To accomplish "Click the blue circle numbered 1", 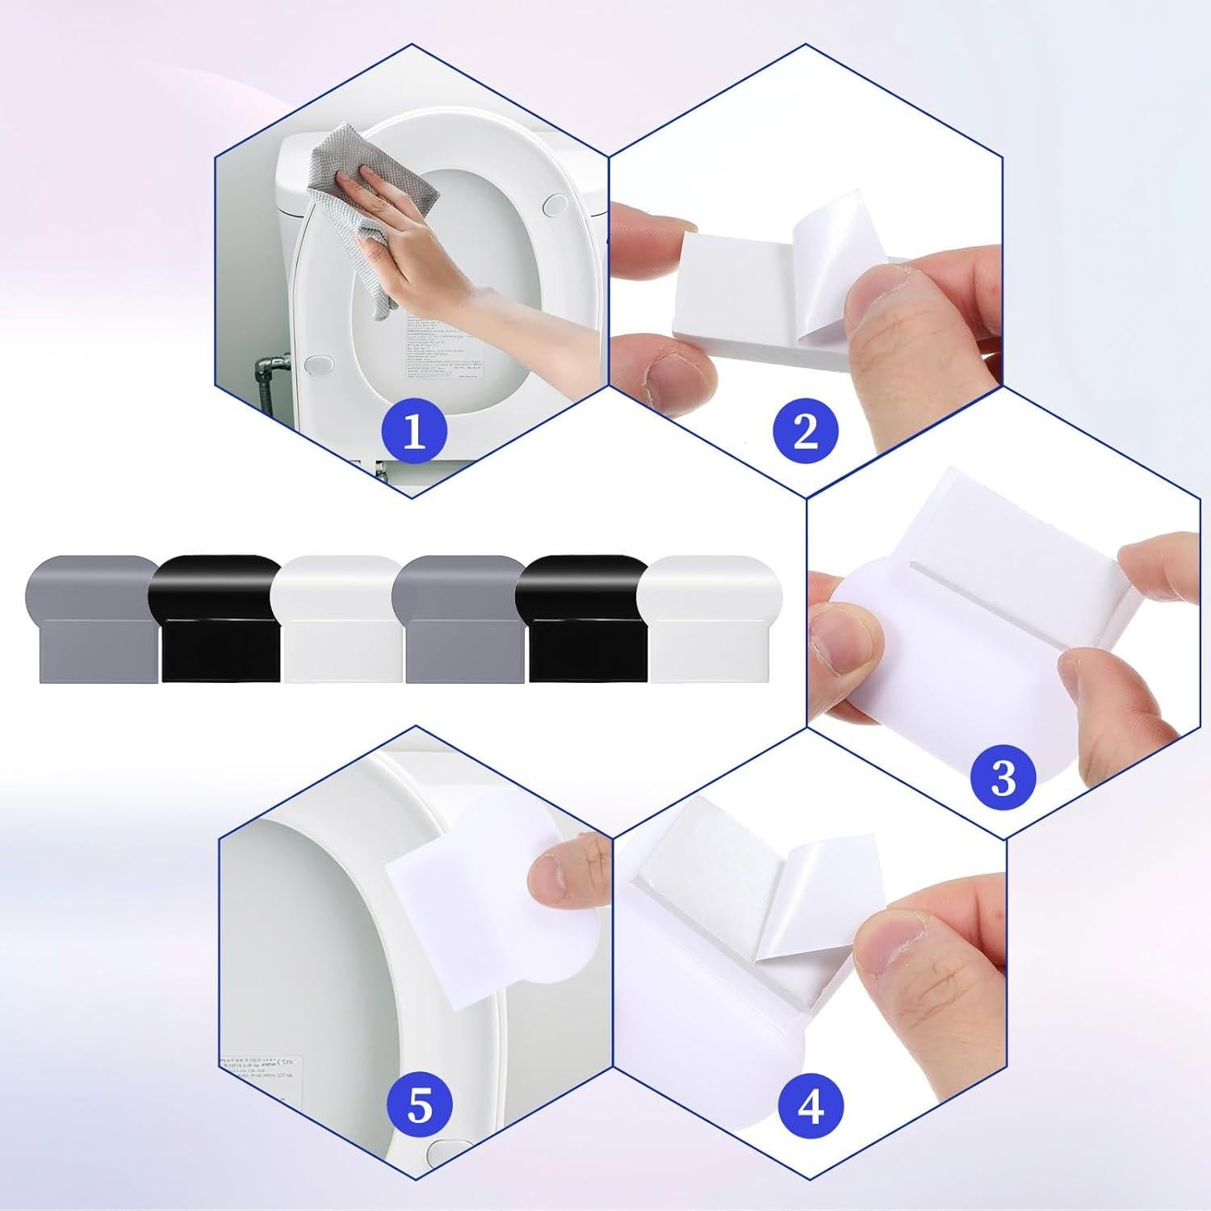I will coord(413,432).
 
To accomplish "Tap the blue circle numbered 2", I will coord(806,432).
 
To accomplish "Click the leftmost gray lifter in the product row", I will coord(90,618).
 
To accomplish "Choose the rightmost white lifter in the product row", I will coord(710,618).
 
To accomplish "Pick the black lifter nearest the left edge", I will coord(216,618).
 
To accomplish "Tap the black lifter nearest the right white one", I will coord(583,618).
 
